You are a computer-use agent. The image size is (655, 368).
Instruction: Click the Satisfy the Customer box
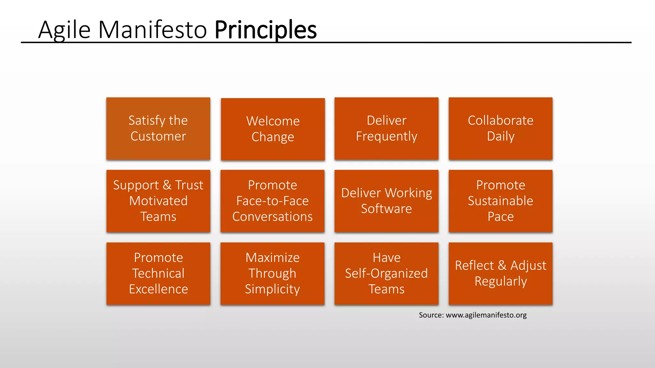[158, 128]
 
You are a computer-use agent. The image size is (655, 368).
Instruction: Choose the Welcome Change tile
[273, 129]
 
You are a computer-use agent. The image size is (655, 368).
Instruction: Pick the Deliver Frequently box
[386, 128]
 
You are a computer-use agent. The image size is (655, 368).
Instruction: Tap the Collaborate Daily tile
[501, 128]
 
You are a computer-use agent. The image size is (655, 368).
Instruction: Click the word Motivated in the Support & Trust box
[158, 201]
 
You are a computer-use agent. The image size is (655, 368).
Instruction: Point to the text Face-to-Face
[272, 201]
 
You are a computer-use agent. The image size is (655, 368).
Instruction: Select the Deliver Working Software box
[386, 201]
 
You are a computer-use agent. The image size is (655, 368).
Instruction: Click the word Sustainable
[501, 201]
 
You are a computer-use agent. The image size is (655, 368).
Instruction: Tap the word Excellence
[158, 289]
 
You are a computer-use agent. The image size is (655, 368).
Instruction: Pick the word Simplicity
[272, 289]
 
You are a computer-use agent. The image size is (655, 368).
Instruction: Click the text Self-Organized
[386, 273]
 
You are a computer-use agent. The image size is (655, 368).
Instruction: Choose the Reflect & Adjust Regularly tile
[501, 273]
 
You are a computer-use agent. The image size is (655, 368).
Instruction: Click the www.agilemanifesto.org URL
[486, 315]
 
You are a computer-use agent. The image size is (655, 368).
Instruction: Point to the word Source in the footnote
[430, 315]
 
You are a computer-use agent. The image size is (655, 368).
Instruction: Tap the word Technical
[158, 273]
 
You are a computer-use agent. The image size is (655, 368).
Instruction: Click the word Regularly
[501, 281]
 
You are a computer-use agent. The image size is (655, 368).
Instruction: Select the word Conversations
[272, 217]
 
